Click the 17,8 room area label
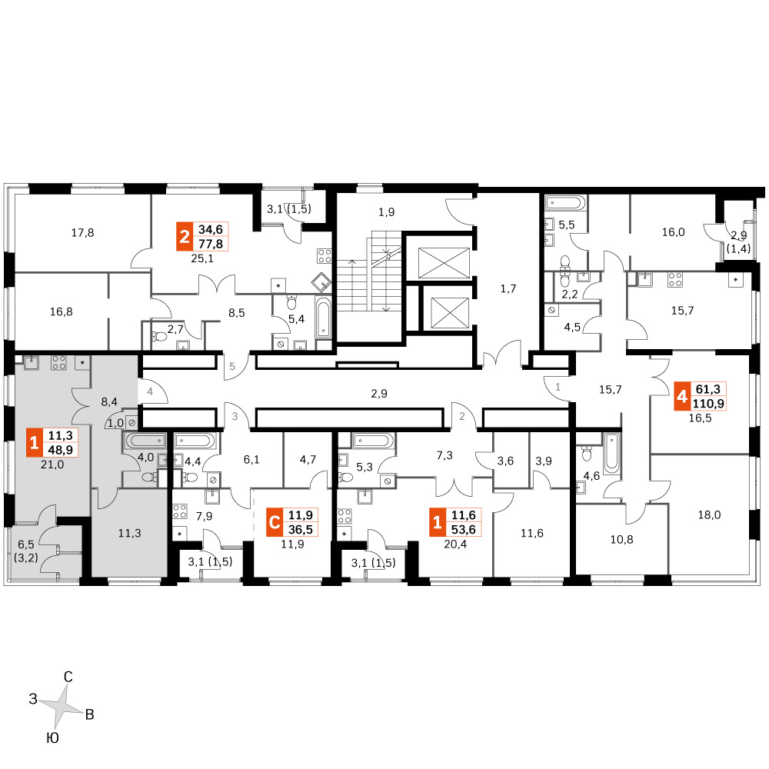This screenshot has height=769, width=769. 82,232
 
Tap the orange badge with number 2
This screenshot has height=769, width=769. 185,236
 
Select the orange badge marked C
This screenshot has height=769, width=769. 275,522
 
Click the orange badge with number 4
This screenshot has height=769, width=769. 682,396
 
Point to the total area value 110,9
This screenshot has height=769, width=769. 708,404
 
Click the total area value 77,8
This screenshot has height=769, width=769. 211,244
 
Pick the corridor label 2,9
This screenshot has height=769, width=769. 379,393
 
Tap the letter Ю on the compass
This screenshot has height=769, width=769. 52,737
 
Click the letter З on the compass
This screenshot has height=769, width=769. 33,699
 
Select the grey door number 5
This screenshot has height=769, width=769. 232,366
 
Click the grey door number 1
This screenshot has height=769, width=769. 558,387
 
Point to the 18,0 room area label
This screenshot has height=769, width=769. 709,515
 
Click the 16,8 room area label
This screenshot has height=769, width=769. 62,311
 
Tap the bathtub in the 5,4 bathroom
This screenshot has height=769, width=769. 323,318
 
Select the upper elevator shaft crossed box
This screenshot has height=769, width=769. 444,263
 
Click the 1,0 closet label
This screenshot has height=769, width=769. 116,423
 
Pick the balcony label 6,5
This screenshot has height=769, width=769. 26,544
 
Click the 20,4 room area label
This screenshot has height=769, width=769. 455,544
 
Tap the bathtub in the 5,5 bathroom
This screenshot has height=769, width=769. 565,202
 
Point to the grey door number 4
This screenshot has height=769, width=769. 150,392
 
